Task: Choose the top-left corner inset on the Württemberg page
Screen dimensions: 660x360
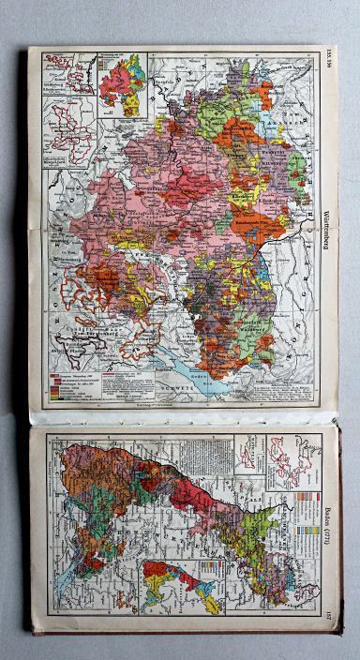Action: (x=61, y=70)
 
